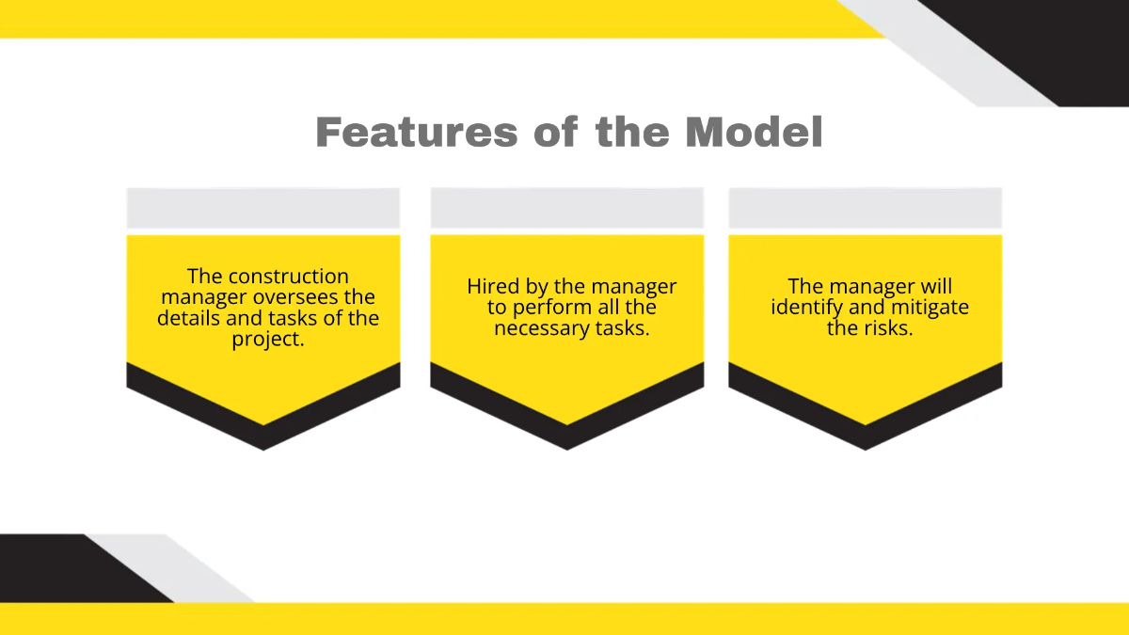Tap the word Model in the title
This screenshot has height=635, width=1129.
pyautogui.click(x=754, y=133)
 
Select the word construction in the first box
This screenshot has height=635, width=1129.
pyautogui.click(x=289, y=277)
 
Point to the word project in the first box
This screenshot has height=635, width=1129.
pyautogui.click(x=268, y=339)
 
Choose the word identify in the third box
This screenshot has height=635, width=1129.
pyautogui.click(x=806, y=308)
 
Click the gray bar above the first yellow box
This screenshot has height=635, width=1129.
pyautogui.click(x=263, y=208)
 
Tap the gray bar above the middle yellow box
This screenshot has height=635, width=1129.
pyautogui.click(x=567, y=208)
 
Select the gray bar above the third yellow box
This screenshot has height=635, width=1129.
pyautogui.click(x=866, y=208)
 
